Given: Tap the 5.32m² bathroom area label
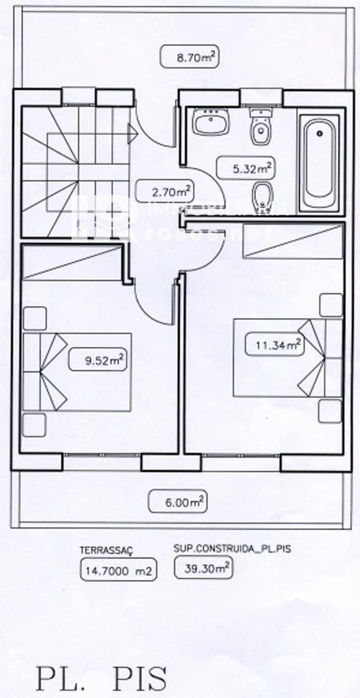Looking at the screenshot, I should pos(245,169).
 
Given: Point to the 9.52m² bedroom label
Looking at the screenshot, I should pos(97,360).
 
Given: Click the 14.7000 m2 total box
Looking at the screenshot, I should pos(117,571).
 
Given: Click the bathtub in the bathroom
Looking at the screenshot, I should pos(319,163).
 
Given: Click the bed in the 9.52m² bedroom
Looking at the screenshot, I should pos(76,372).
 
